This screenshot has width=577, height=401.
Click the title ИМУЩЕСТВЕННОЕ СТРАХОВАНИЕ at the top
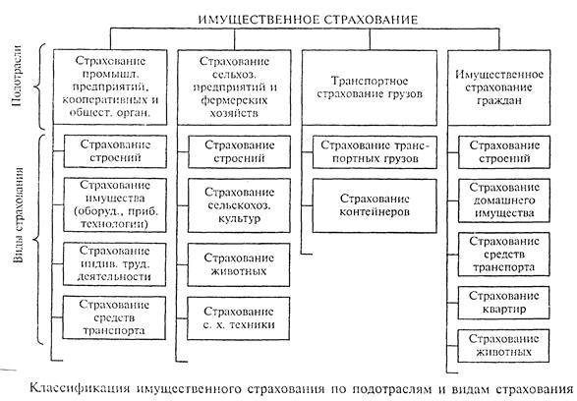pyautogui.click(x=308, y=20)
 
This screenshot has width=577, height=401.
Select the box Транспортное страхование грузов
pyautogui.click(x=370, y=87)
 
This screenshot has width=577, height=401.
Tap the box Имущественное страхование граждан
pyautogui.click(x=499, y=87)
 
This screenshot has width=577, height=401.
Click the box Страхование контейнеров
pyautogui.click(x=375, y=205)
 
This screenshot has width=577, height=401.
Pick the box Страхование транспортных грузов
pyautogui.click(x=375, y=152)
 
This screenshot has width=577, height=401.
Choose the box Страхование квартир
pyautogui.click(x=504, y=303)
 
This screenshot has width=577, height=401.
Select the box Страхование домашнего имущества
pyautogui.click(x=504, y=200)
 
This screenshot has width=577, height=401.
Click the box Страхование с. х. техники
pyautogui.click(x=239, y=318)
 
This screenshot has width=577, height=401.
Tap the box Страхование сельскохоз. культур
pyautogui.click(x=239, y=205)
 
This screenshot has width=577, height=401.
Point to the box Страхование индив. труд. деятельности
pyautogui.click(x=114, y=264)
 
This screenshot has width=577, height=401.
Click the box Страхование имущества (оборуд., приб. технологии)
pyautogui.click(x=115, y=204)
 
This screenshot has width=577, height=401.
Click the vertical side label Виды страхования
pyautogui.click(x=19, y=215)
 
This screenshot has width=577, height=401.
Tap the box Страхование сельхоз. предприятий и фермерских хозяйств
pyautogui.click(x=234, y=87)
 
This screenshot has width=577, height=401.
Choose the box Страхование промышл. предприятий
pyautogui.click(x=110, y=87)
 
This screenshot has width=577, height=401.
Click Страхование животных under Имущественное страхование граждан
pyautogui.click(x=503, y=346)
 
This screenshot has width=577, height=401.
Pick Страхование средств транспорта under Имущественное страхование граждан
pyautogui.click(x=504, y=255)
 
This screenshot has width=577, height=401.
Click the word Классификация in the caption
pyautogui.click(x=80, y=389)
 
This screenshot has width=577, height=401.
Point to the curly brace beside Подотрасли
pyautogui.click(x=38, y=86)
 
